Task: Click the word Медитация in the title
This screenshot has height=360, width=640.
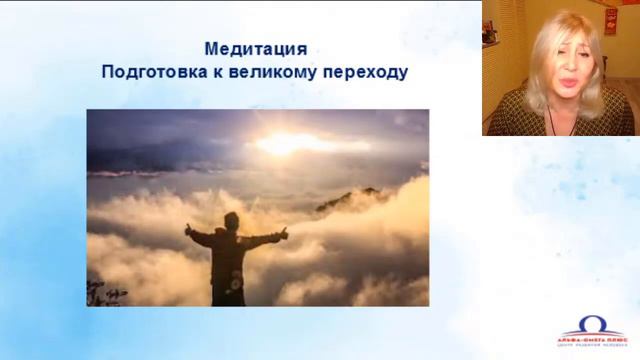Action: pyautogui.click(x=255, y=48)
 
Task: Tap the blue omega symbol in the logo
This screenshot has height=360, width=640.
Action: pyautogui.click(x=591, y=324)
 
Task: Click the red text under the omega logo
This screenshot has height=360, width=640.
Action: pyautogui.click(x=591, y=337)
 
